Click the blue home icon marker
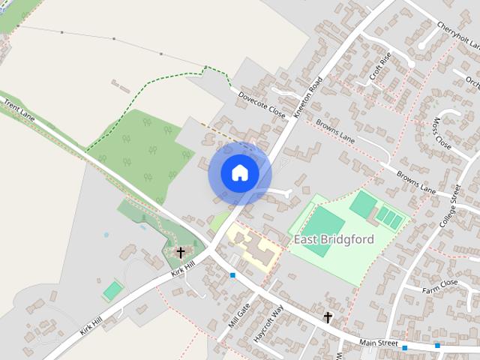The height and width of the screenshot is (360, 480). point(240,173)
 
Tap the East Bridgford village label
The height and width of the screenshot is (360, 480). point(334,239)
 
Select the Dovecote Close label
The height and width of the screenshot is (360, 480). point(262,106)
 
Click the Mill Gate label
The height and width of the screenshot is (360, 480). point(238,316)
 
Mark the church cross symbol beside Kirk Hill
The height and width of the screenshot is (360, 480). point(180,252)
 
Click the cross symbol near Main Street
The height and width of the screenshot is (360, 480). point(328,317)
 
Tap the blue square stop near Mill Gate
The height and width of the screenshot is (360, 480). point(232,275)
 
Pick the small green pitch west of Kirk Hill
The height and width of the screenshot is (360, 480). point(112,289)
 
